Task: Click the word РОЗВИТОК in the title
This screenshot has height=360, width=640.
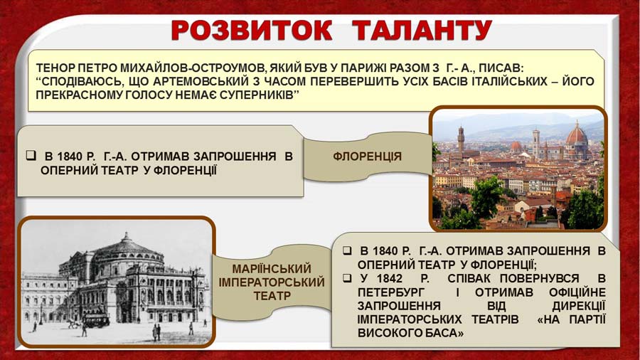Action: click(252, 30)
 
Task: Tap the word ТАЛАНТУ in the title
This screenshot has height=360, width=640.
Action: click(422, 30)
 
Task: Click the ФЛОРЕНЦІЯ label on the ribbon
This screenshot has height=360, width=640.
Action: click(368, 157)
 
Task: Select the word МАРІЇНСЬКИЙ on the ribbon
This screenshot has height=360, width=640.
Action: click(272, 268)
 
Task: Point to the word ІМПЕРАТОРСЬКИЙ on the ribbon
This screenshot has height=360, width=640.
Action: click(272, 282)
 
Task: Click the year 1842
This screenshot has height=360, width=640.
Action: click(388, 278)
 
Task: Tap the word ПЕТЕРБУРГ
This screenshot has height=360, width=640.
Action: click(391, 292)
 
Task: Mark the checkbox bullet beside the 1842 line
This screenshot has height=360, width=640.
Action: click(347, 278)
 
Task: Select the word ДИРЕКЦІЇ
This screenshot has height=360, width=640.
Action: click(579, 306)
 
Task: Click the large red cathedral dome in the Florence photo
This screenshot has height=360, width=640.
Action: click(576, 134)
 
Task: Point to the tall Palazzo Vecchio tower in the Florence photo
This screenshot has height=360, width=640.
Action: click(461, 140)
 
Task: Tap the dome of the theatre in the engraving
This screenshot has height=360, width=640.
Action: click(127, 248)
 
